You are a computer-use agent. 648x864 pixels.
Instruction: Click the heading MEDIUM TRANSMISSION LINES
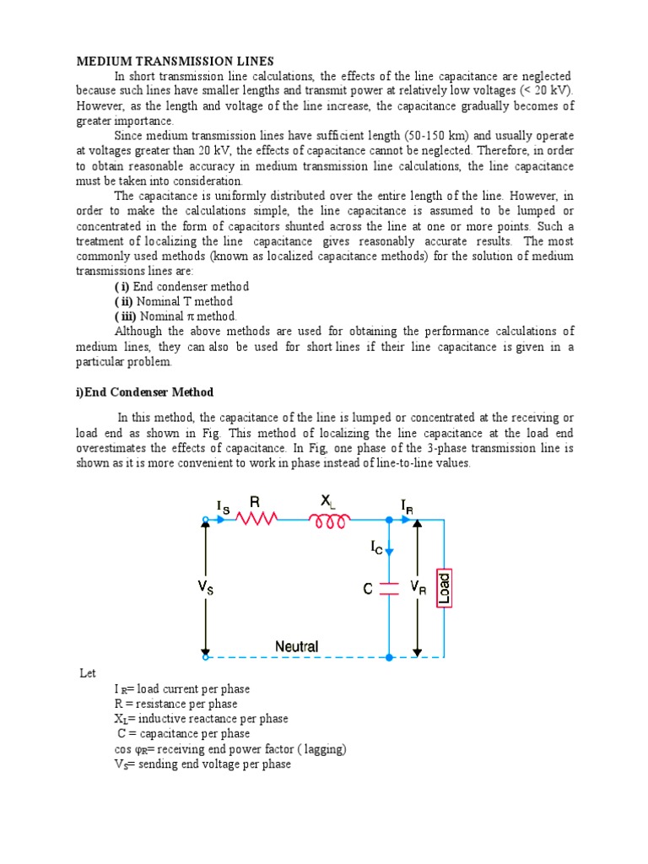pos(175,61)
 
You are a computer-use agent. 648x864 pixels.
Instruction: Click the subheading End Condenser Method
pos(144,392)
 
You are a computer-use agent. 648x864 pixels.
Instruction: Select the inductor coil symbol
pos(330,522)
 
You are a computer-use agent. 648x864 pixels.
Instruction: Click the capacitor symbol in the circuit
pos(388,589)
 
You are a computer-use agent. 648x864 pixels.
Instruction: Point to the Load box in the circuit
pos(444,589)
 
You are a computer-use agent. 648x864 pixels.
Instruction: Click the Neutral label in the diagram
pos(296,646)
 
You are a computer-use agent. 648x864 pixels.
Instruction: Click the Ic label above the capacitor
pos(376,548)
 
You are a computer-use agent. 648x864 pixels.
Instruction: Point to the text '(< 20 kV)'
pos(544,91)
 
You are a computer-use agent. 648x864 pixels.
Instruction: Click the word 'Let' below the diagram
pos(88,673)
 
